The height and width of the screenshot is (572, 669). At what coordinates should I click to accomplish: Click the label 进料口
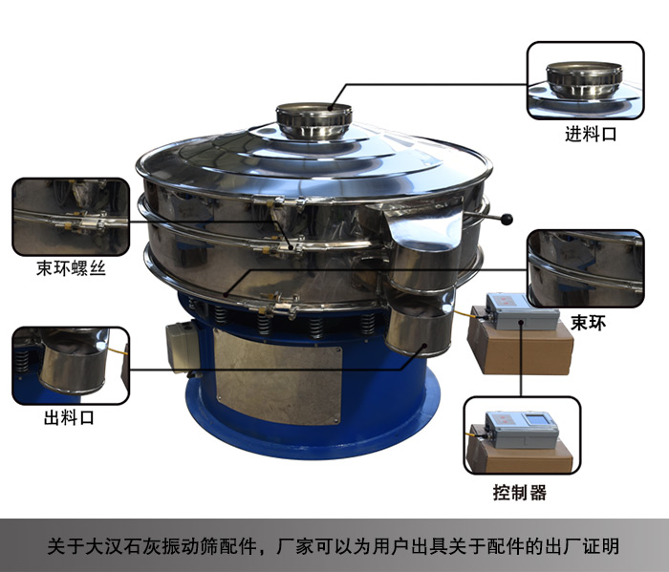coord(591,135)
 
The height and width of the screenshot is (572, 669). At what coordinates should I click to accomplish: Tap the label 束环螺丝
coord(71,268)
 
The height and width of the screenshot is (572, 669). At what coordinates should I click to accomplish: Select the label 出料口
coord(69,417)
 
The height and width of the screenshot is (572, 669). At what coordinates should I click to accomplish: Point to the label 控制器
coord(520,493)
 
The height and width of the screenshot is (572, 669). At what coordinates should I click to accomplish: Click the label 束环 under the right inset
coord(588,323)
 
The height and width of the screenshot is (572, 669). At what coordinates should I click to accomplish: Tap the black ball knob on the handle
coord(507,219)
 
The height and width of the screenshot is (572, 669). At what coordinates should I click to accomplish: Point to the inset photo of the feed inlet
coord(585,80)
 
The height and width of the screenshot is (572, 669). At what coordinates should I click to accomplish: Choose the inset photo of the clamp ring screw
coord(71,217)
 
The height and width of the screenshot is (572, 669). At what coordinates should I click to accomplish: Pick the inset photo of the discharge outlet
coord(71,366)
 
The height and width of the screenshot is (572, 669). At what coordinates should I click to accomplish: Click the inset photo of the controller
coord(522,435)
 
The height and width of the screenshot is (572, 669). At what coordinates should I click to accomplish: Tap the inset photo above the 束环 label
coord(585,268)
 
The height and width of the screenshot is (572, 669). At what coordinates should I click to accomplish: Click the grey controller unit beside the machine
coord(522,312)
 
